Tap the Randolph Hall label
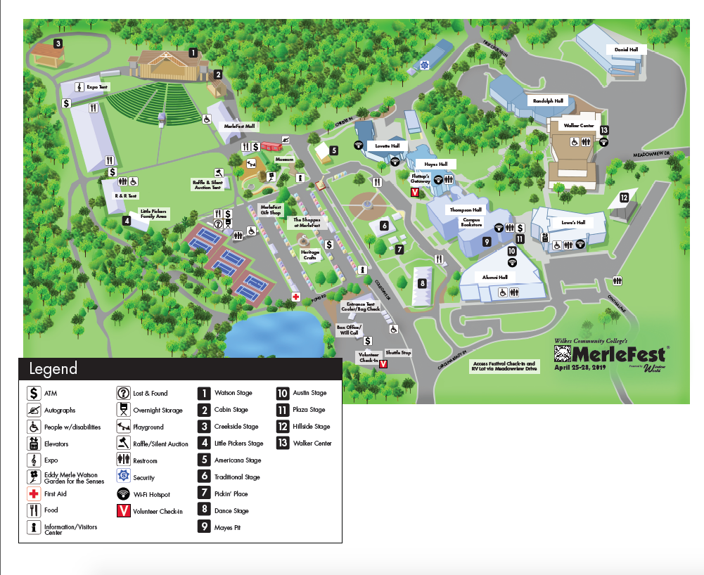pyautogui.click(x=548, y=101)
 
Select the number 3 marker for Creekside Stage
pyautogui.click(x=58, y=44)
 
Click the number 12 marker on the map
pyautogui.click(x=622, y=198)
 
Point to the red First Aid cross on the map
pyautogui.click(x=296, y=297)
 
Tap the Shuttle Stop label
pyautogui.click(x=398, y=352)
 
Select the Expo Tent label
pyautogui.click(x=96, y=87)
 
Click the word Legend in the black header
pyautogui.click(x=53, y=369)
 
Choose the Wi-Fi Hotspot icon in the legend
pyautogui.click(x=122, y=494)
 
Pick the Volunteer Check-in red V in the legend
pyautogui.click(x=122, y=511)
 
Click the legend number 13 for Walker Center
pyautogui.click(x=283, y=443)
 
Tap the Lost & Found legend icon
pyautogui.click(x=122, y=394)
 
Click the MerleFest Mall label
pyautogui.click(x=240, y=126)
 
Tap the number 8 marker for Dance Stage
pyautogui.click(x=422, y=283)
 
